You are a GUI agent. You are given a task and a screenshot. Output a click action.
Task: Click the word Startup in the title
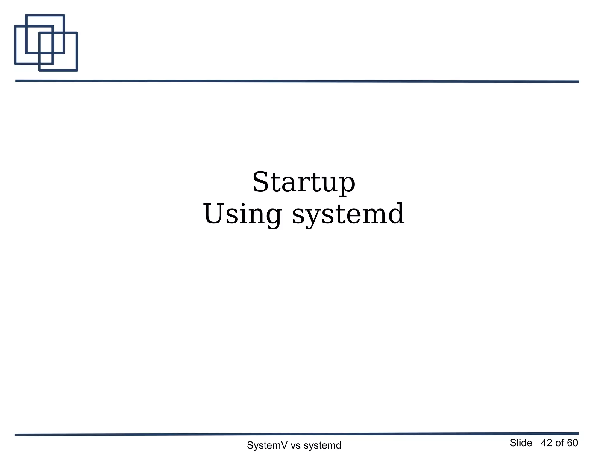(304, 182)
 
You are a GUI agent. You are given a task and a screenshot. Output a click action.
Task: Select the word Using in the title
(242, 214)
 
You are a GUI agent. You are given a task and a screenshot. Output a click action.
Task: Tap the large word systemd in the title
(348, 214)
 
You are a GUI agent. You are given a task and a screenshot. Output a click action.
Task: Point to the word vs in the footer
(295, 446)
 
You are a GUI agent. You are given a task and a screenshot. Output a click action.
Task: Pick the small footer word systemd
(322, 445)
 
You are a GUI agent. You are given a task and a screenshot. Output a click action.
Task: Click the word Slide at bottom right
(521, 443)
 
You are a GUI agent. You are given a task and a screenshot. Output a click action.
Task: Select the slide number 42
(547, 443)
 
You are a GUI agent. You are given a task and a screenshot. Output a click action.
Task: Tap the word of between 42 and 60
(559, 443)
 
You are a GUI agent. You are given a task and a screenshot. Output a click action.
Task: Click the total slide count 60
(572, 443)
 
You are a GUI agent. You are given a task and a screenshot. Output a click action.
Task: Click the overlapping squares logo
(46, 43)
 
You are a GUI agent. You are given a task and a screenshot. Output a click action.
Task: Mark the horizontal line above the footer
(296, 434)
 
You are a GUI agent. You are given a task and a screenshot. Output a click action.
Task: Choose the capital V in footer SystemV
(284, 445)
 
